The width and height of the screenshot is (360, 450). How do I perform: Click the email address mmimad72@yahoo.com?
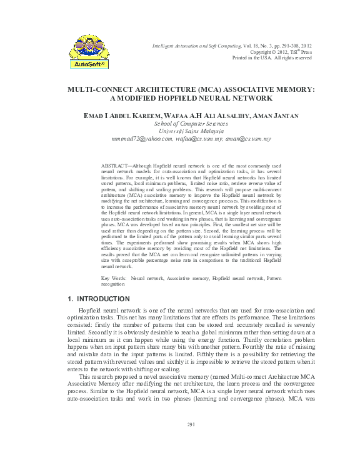coord(141,138)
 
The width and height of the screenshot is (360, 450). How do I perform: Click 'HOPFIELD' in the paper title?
coord(202,98)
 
